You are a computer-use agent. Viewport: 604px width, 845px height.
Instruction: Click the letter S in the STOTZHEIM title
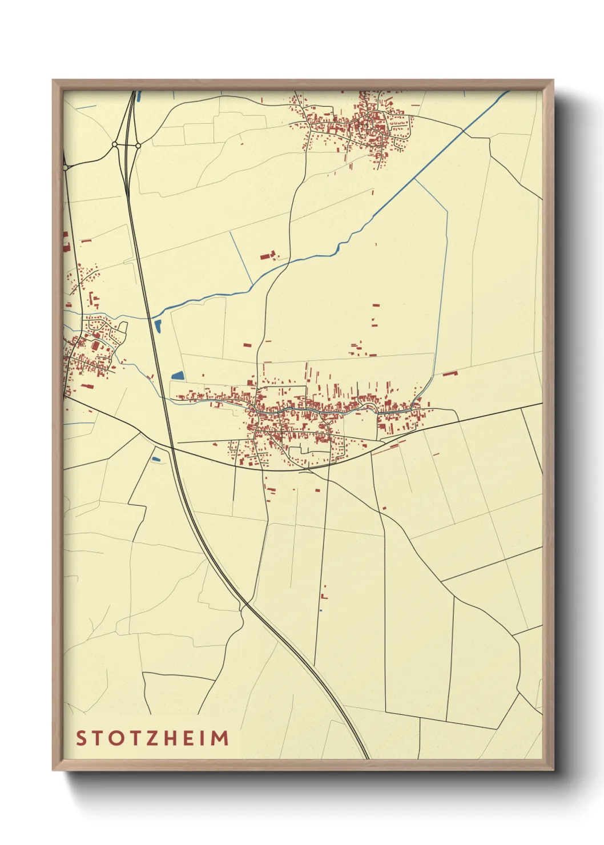tap(81, 738)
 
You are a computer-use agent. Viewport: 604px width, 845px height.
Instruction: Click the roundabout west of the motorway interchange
tap(115, 145)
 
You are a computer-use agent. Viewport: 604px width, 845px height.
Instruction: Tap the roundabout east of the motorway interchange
tap(138, 146)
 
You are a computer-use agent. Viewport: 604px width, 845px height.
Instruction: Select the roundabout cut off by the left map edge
tap(65, 167)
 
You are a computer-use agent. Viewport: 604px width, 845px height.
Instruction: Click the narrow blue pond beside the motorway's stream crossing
tap(158, 327)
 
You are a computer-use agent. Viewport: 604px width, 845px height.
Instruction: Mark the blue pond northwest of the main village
tap(178, 376)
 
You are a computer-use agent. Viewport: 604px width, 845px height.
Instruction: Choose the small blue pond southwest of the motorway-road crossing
tap(156, 458)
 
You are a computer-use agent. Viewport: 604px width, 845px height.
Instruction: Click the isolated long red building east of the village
tap(450, 373)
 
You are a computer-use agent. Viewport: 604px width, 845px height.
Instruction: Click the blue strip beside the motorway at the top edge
tap(139, 96)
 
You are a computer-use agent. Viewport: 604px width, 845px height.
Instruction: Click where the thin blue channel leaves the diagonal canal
tap(415, 179)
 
